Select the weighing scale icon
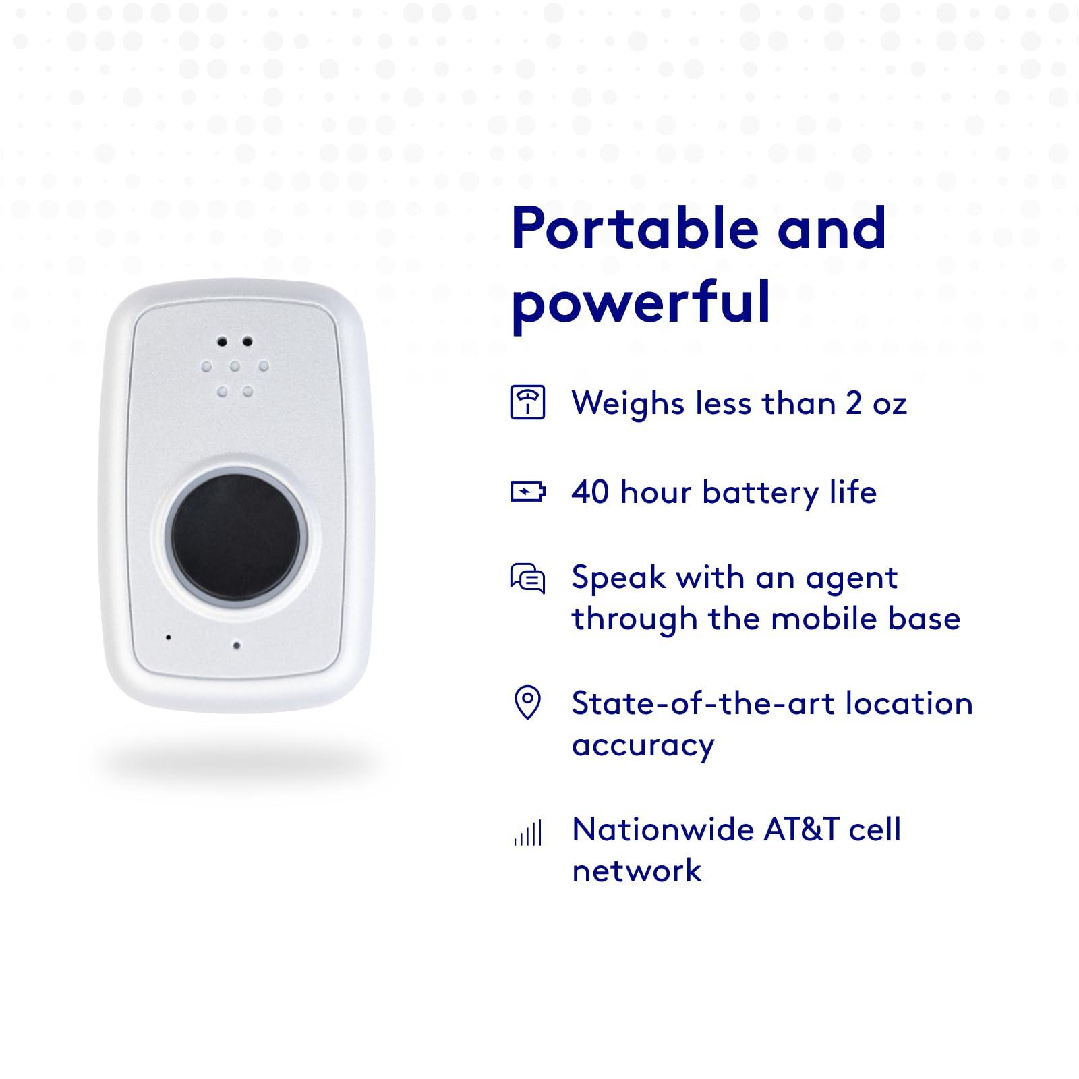tap(527, 403)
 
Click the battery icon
tap(527, 492)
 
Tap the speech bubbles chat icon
tap(527, 579)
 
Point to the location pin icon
tap(527, 703)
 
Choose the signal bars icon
tap(527, 834)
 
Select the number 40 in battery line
tap(590, 492)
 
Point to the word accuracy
tap(643, 745)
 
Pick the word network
tap(637, 871)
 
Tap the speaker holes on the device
tap(235, 367)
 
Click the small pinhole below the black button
tap(236, 645)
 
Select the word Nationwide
tap(653, 829)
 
